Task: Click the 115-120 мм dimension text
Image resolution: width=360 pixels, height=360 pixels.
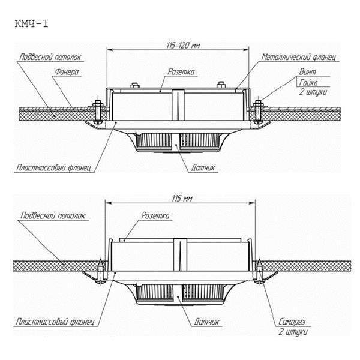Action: (181, 44)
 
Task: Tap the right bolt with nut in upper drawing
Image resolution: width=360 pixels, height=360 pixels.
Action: (257, 112)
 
